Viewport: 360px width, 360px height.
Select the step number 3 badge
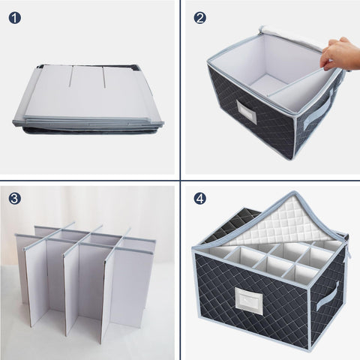(15, 199)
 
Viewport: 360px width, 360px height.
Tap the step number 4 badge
(199, 199)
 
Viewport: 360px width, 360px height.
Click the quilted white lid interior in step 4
(277, 222)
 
